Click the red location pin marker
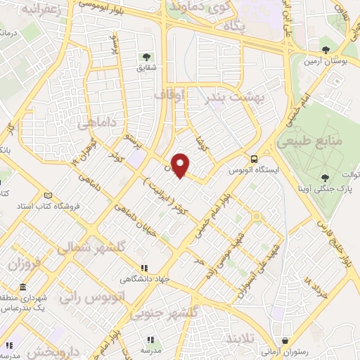click(x=181, y=165)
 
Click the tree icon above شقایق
click(x=146, y=56)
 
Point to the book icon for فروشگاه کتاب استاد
click(x=48, y=195)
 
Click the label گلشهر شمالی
click(x=91, y=247)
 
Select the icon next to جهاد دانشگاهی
click(x=144, y=268)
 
